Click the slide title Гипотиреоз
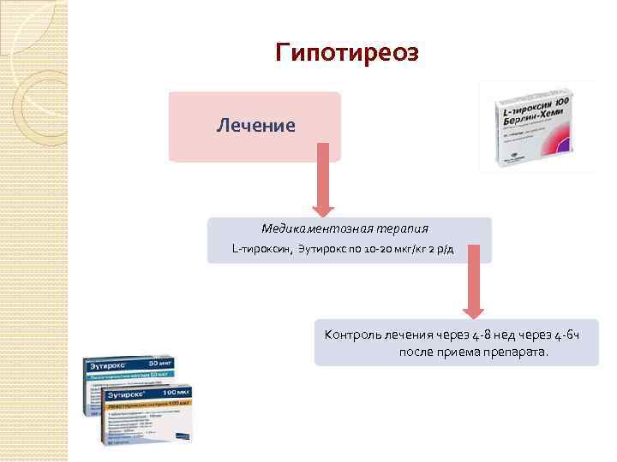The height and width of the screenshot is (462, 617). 347,53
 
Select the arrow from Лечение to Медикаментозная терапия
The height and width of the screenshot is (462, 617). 323,179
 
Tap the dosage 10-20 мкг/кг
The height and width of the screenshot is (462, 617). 392,249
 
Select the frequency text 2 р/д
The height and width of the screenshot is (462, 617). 455,249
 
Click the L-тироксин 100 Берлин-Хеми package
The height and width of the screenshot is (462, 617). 538,126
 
